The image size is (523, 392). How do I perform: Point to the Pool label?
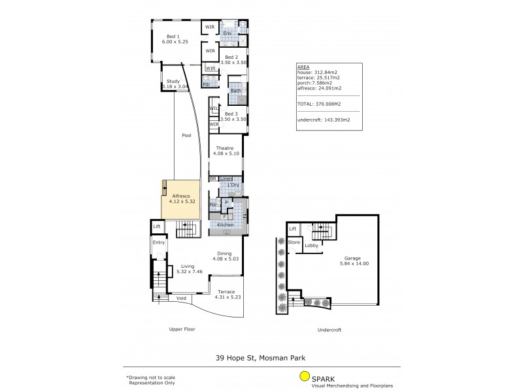point(186,135)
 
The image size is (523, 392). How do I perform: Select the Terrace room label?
point(226,291)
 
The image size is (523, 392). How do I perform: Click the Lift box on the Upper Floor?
point(157,227)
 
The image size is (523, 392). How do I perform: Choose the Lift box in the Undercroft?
point(294,229)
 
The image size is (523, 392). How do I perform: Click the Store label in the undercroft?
point(294,242)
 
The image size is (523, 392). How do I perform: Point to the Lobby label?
point(311,246)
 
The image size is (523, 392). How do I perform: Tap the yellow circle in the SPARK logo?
point(304,376)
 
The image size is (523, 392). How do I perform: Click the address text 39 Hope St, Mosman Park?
point(261,357)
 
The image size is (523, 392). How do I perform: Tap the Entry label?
point(159,242)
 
